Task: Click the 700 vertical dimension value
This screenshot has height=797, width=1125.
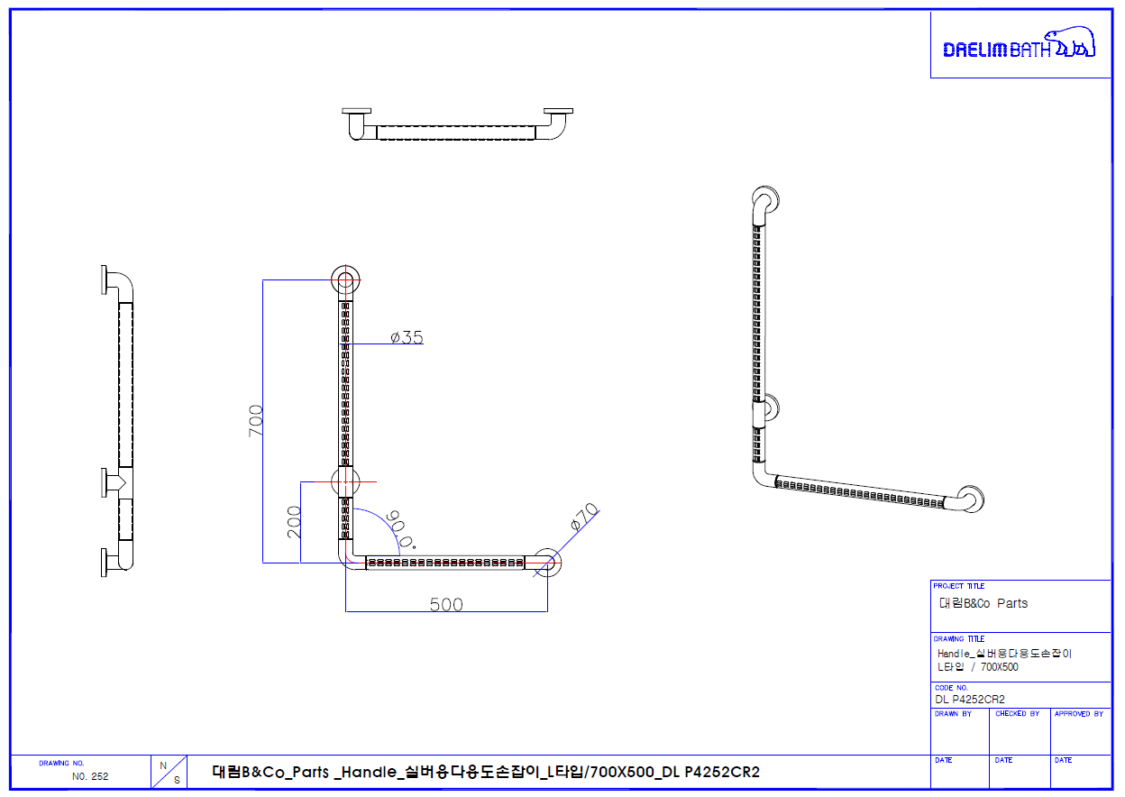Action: pos(255,421)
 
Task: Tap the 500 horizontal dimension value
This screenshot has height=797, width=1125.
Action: pos(446,604)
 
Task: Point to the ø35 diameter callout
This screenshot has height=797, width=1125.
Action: pos(407,338)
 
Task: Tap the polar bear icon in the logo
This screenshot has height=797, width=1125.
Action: pos(1075,43)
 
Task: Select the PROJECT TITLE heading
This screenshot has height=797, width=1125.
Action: pos(959,586)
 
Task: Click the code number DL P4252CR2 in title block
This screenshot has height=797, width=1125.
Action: pos(970,699)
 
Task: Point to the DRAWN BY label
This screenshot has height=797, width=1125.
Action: pos(953,714)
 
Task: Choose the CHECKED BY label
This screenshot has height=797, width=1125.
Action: pos(1017,714)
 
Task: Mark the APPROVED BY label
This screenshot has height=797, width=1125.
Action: pos(1078,714)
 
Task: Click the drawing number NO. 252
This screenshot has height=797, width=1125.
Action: pos(90,775)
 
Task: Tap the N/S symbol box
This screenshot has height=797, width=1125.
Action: pos(169,772)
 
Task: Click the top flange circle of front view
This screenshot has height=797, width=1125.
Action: pos(345,279)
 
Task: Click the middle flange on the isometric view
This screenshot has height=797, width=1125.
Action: pos(765,408)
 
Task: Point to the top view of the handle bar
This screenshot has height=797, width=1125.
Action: pos(457,126)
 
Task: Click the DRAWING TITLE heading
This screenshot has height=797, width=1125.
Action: pos(959,639)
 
